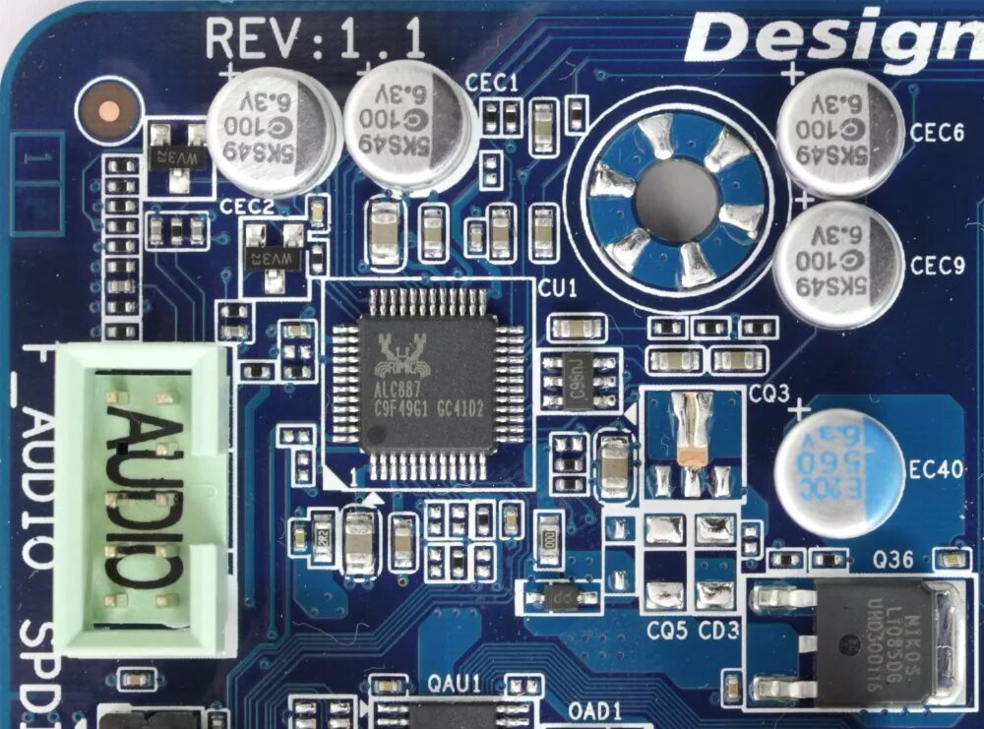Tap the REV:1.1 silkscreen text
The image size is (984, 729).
pyautogui.click(x=315, y=40)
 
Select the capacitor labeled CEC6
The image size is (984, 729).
pyautogui.click(x=839, y=132)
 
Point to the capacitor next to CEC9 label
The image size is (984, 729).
pyautogui.click(x=838, y=264)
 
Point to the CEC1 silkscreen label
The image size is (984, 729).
pyautogui.click(x=493, y=85)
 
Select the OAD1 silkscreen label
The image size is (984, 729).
pyautogui.click(x=595, y=708)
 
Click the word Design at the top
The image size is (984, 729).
pyautogui.click(x=832, y=38)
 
